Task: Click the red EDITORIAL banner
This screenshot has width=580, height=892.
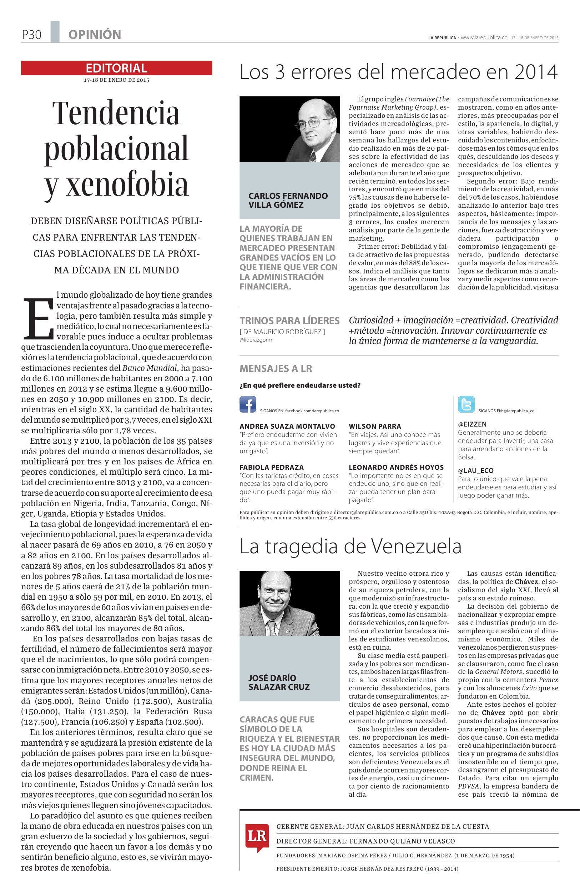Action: (116, 68)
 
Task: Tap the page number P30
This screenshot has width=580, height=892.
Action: (31, 35)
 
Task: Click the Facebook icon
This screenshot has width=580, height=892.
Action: (248, 404)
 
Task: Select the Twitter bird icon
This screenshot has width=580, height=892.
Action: (466, 404)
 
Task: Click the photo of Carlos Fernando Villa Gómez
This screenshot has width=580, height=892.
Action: (289, 129)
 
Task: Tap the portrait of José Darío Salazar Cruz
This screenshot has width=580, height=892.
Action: (289, 603)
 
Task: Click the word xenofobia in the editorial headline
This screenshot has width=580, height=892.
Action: (116, 185)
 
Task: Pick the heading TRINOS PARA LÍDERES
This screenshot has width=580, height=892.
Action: (289, 321)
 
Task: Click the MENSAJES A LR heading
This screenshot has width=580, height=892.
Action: (276, 368)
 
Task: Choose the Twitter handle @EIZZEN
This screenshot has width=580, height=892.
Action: (472, 424)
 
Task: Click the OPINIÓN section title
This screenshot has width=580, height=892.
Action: (95, 35)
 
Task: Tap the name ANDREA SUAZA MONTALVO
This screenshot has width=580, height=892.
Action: (287, 426)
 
